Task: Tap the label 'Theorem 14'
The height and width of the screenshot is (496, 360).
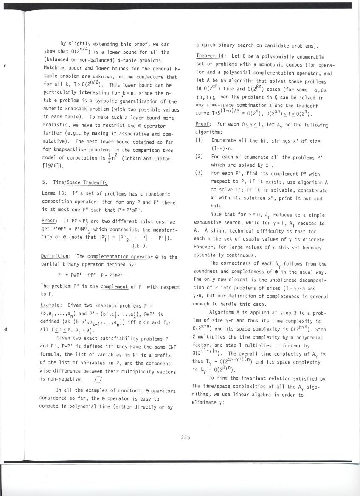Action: click(209, 57)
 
